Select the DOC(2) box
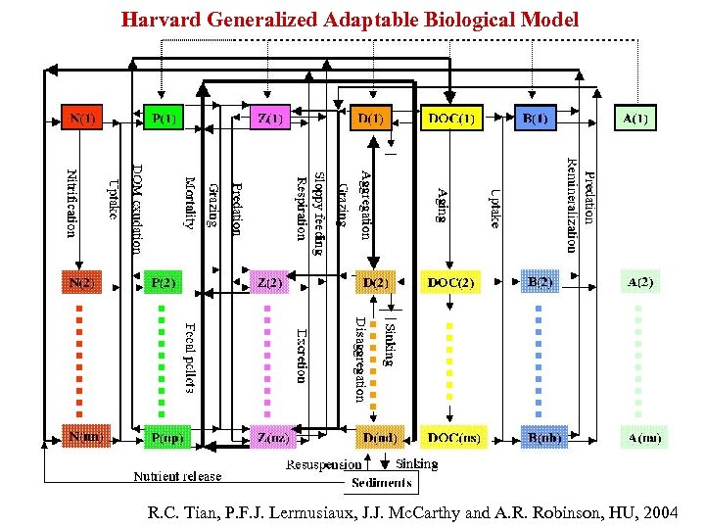pos(451,283)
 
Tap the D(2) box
pos(373,283)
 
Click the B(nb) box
pos(541,437)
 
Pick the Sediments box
pos(383,482)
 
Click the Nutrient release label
pos(177,477)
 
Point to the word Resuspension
pos(323,464)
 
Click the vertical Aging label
pos(442,205)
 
